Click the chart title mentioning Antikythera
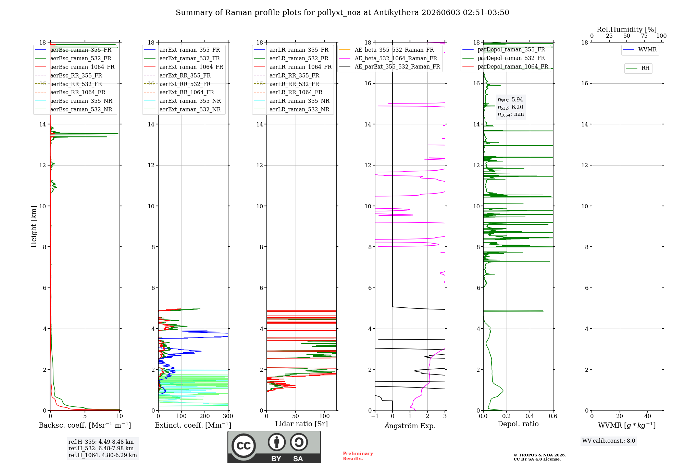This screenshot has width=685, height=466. pyautogui.click(x=342, y=13)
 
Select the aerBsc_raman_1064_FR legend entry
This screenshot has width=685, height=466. pyautogui.click(x=75, y=67)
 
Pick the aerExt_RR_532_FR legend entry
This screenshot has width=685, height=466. pyautogui.click(x=177, y=84)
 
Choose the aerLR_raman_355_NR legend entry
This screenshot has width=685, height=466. pyautogui.click(x=291, y=101)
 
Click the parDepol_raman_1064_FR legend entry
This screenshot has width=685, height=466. pyautogui.click(x=505, y=66)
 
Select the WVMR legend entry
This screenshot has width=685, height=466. pyautogui.click(x=640, y=50)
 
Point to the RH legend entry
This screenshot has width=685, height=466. pyautogui.click(x=638, y=68)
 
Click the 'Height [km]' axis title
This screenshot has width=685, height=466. pyautogui.click(x=34, y=226)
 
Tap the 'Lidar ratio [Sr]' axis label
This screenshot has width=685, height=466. pyautogui.click(x=301, y=424)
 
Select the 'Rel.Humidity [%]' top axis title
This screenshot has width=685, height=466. pyautogui.click(x=627, y=29)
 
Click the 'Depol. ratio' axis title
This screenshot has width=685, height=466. pyautogui.click(x=518, y=424)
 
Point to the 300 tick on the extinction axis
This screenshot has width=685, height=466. pyautogui.click(x=228, y=416)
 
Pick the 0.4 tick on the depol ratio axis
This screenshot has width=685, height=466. pyautogui.click(x=530, y=416)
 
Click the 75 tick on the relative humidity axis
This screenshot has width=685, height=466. pyautogui.click(x=644, y=36)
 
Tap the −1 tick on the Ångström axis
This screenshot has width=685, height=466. pyautogui.click(x=375, y=416)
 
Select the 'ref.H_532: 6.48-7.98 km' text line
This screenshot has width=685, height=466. pyautogui.click(x=101, y=448)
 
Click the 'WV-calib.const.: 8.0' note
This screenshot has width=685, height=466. pyautogui.click(x=609, y=441)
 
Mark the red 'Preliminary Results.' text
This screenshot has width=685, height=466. pyautogui.click(x=358, y=456)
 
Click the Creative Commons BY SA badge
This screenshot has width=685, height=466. pyautogui.click(x=274, y=447)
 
